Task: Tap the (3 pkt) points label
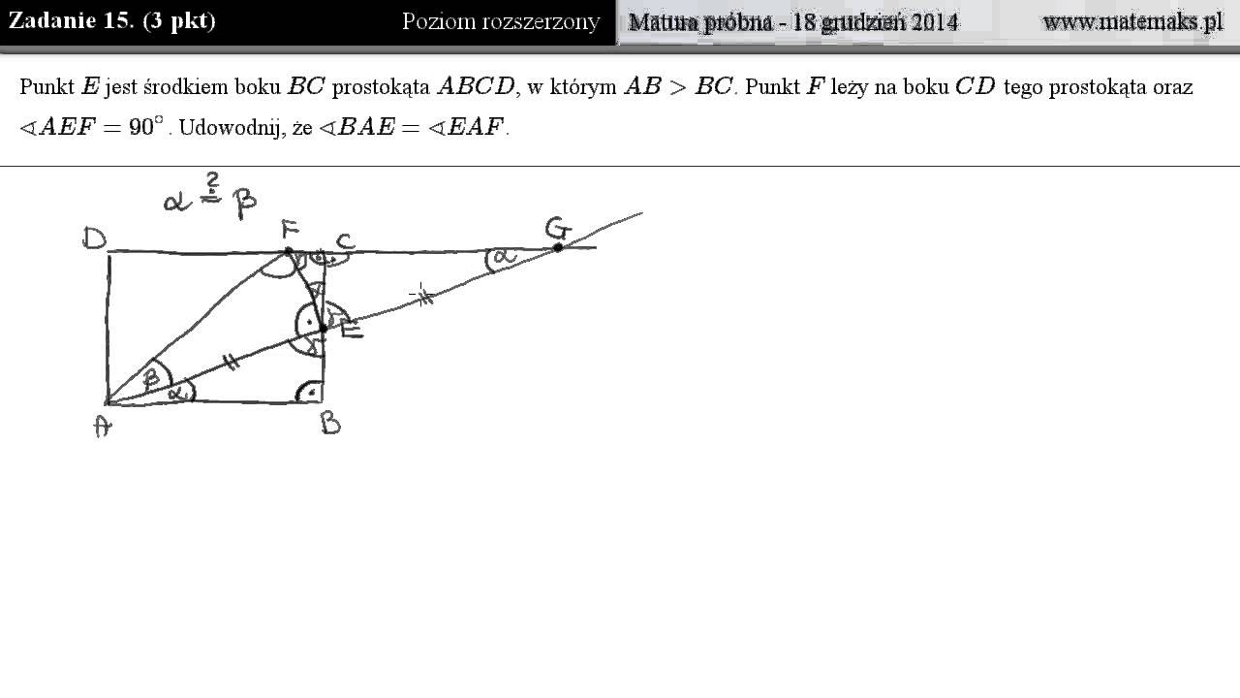pyautogui.click(x=179, y=21)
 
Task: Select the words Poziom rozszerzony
pyautogui.click(x=501, y=22)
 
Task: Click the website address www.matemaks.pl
pyautogui.click(x=1132, y=22)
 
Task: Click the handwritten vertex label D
pyautogui.click(x=94, y=238)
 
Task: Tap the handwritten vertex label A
pyautogui.click(x=103, y=427)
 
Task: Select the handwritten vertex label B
pyautogui.click(x=330, y=425)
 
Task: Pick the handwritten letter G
pyautogui.click(x=558, y=228)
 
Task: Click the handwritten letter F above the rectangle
pyautogui.click(x=290, y=229)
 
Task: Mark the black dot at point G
pyautogui.click(x=558, y=247)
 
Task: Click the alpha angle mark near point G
pyautogui.click(x=501, y=259)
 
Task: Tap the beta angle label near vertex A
pyautogui.click(x=151, y=378)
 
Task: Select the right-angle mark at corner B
pyautogui.click(x=310, y=392)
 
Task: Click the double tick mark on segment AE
pyautogui.click(x=232, y=362)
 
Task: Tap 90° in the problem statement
pyautogui.click(x=146, y=127)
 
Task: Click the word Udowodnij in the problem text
pyautogui.click(x=230, y=128)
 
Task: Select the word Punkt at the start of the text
pyautogui.click(x=47, y=87)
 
